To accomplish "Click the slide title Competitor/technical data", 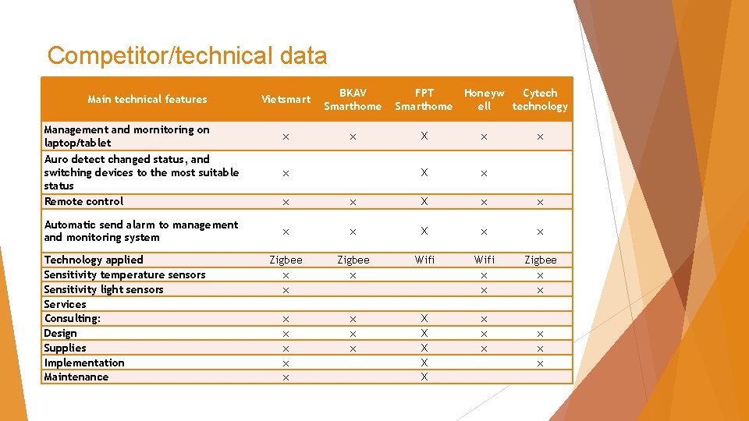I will [x=187, y=56].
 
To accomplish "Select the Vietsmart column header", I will [x=286, y=99].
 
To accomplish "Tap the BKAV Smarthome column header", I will [x=353, y=99].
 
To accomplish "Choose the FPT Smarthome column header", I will [x=424, y=99].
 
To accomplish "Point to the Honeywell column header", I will [x=484, y=99].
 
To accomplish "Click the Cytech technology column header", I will [x=540, y=99].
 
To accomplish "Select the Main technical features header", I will [x=147, y=99].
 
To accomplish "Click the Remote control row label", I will [x=84, y=201].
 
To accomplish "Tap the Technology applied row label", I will [x=94, y=260].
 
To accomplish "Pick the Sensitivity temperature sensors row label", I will [x=125, y=274].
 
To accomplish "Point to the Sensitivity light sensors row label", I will [x=104, y=289].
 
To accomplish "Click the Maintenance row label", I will [x=76, y=377].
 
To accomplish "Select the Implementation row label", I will [x=84, y=363].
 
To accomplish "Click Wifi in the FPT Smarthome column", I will [x=424, y=260].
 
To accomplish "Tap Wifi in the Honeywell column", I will [x=484, y=260].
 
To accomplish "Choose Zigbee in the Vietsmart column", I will [x=286, y=260].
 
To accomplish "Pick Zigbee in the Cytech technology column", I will [x=540, y=260].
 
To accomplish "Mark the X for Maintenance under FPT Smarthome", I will [x=424, y=377].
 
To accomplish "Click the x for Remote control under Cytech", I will [x=540, y=202].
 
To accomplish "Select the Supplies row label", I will [x=66, y=348].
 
